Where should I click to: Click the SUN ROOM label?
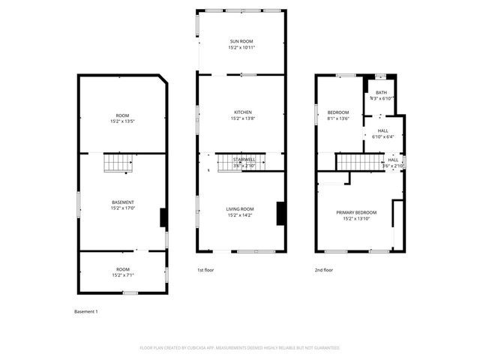pyautogui.click(x=241, y=41)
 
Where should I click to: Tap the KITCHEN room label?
pyautogui.click(x=241, y=112)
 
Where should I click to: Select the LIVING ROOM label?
pyautogui.click(x=241, y=208)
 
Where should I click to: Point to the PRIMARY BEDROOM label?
pyautogui.click(x=356, y=212)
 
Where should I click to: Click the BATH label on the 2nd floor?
pyautogui.click(x=382, y=92)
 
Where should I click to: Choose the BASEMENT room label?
pyautogui.click(x=122, y=202)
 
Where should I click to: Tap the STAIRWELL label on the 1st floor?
pyautogui.click(x=244, y=159)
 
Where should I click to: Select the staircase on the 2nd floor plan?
pyautogui.click(x=355, y=161)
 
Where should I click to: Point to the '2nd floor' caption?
pyautogui.click(x=324, y=270)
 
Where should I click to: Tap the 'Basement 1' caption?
pyautogui.click(x=86, y=311)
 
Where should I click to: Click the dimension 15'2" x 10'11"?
pyautogui.click(x=241, y=47)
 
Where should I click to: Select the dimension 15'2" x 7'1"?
pyautogui.click(x=122, y=274)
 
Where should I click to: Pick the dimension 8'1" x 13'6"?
pyautogui.click(x=338, y=118)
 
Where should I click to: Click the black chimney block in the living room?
pyautogui.click(x=280, y=213)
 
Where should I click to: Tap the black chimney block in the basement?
pyautogui.click(x=163, y=217)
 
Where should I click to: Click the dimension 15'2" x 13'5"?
pyautogui.click(x=122, y=121)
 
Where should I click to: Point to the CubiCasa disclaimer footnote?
pyautogui.click(x=240, y=348)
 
